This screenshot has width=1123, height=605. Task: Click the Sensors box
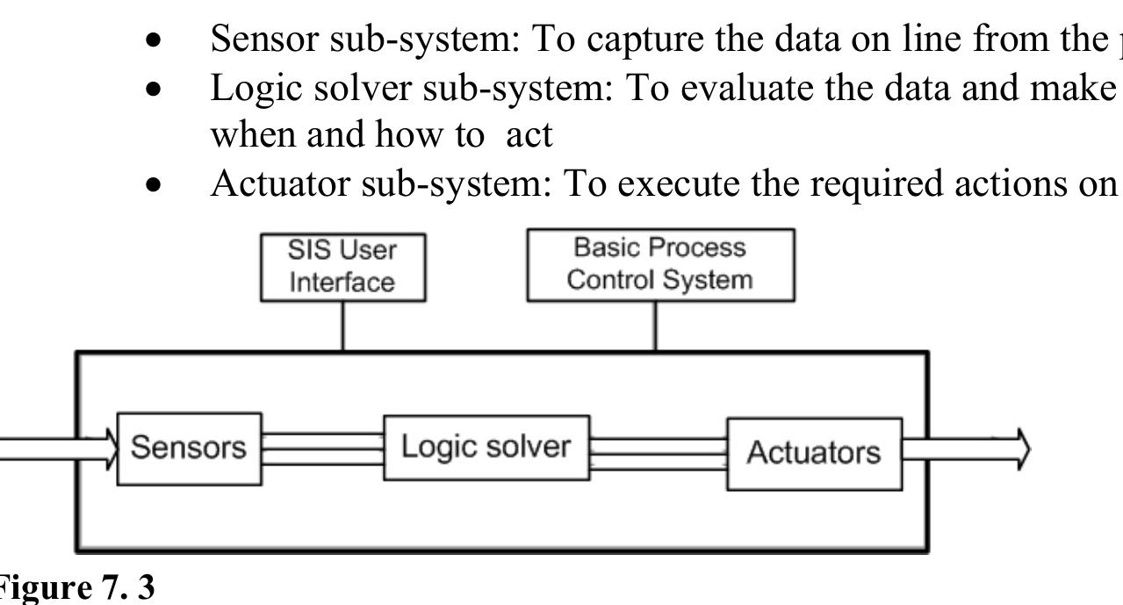click(x=189, y=448)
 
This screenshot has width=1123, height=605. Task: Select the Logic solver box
click(x=486, y=447)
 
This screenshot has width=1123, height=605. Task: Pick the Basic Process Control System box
click(x=659, y=265)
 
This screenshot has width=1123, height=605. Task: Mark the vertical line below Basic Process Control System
click(x=655, y=327)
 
